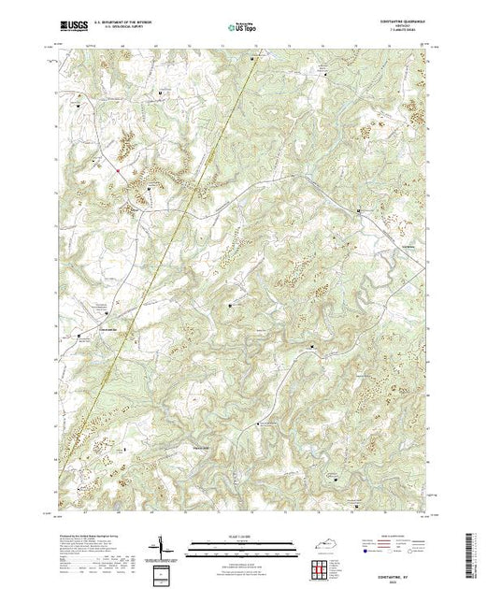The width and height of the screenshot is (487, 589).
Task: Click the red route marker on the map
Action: click(118, 170)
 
